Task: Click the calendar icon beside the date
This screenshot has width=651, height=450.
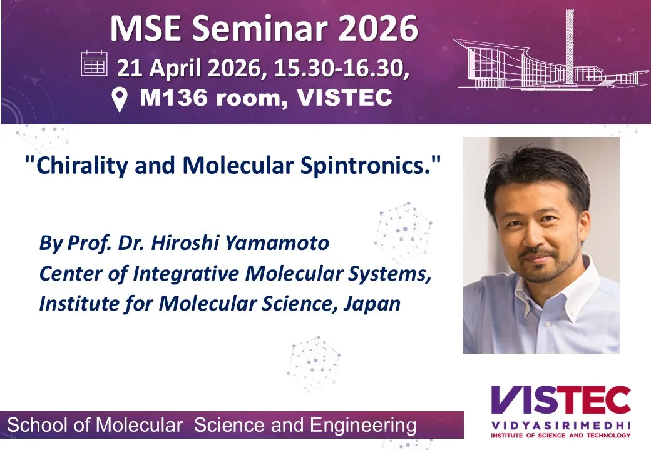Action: pos(95,63)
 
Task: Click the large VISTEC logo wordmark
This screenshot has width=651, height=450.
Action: pos(561,400)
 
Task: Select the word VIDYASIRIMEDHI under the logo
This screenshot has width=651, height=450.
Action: pos(561,426)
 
